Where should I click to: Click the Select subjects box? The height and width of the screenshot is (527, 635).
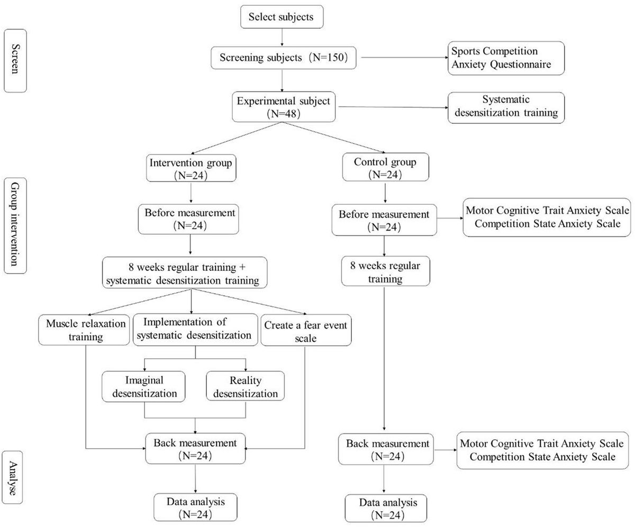pyautogui.click(x=282, y=16)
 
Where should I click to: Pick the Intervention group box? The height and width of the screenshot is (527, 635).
pyautogui.click(x=190, y=167)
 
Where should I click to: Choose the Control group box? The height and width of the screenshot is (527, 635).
pyautogui.click(x=385, y=167)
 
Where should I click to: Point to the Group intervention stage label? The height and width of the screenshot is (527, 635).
pyautogui.click(x=15, y=225)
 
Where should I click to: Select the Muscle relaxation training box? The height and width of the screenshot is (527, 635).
pyautogui.click(x=84, y=331)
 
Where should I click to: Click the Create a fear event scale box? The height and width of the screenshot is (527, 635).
pyautogui.click(x=305, y=331)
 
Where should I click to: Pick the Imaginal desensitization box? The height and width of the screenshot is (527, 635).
pyautogui.click(x=144, y=386)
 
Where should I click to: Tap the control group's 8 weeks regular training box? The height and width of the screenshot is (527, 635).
pyautogui.click(x=385, y=270)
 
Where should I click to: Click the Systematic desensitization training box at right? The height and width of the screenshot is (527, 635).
pyautogui.click(x=505, y=108)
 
